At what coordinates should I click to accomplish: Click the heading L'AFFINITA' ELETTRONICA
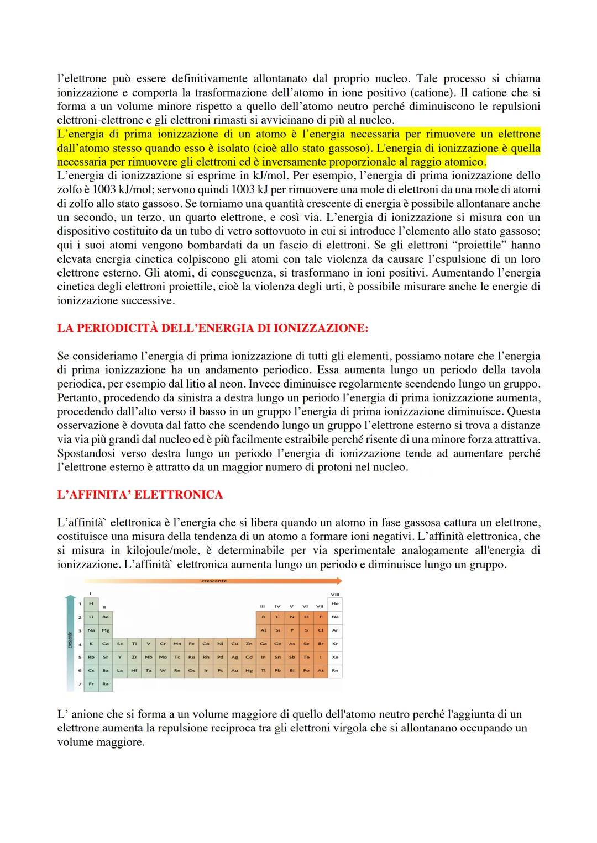coord(139,495)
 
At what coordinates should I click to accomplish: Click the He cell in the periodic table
coord(335,603)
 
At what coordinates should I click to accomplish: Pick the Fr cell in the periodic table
coord(91,684)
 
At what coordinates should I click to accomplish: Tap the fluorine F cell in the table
coord(320,617)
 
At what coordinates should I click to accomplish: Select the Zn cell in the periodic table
coord(249,644)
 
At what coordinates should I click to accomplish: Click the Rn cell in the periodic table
coord(335,670)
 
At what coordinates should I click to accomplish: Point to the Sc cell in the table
coord(120,644)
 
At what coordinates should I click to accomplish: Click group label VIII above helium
coord(335,595)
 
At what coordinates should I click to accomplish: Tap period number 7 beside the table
coord(80,684)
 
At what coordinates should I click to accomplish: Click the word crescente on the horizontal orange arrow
coord(214,581)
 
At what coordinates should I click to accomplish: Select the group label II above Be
coord(104,608)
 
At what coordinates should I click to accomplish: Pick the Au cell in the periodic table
coord(234,670)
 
